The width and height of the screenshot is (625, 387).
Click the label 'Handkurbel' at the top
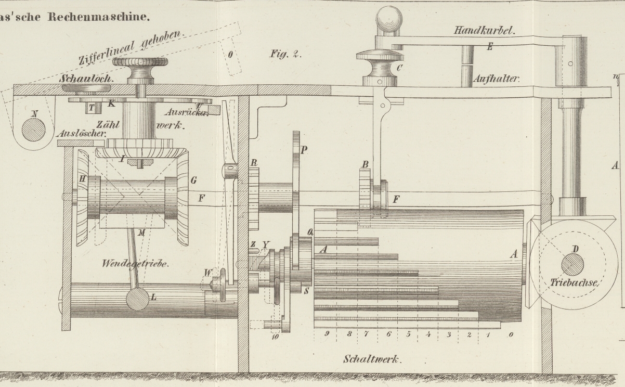click(484, 31)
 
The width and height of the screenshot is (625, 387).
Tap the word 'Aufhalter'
click(497, 80)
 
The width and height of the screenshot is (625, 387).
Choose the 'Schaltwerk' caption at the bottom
click(370, 359)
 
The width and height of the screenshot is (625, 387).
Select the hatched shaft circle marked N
click(33, 130)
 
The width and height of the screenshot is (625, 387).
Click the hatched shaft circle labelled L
click(137, 298)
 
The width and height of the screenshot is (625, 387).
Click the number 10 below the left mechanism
click(275, 337)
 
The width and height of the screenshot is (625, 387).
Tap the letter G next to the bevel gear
click(193, 180)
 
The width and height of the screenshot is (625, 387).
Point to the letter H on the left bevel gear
click(82, 178)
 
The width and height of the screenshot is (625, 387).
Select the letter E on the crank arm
click(489, 46)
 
